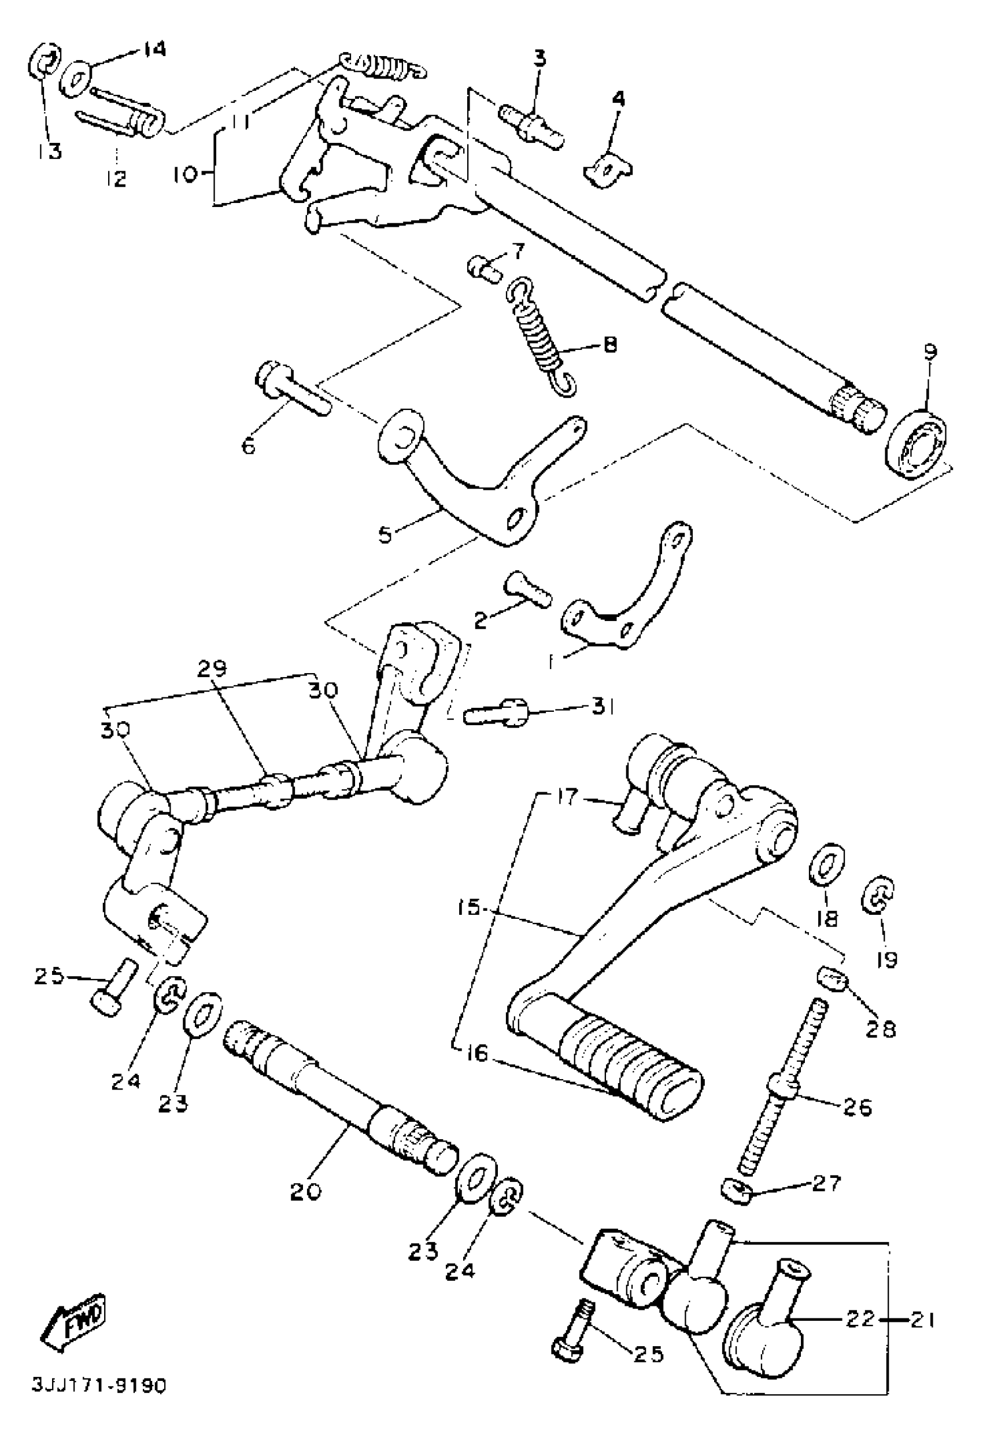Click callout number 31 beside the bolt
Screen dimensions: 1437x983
pyautogui.click(x=598, y=707)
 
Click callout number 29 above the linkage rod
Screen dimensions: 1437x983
pyautogui.click(x=213, y=668)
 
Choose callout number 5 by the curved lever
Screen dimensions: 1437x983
pyautogui.click(x=385, y=534)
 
